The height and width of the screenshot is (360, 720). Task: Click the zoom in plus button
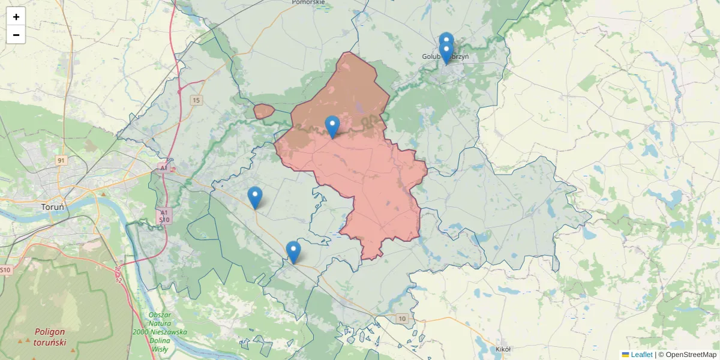coord(16,17)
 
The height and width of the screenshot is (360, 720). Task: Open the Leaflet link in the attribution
coord(641,355)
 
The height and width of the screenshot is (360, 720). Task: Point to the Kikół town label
coord(503,349)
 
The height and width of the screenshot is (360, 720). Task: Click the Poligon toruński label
coord(50,337)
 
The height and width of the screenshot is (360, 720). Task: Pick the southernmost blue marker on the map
coord(293,251)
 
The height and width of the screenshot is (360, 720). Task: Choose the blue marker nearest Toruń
coord(255,197)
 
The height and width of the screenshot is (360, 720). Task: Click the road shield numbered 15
coord(196,100)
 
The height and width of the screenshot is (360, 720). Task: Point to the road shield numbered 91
coord(61,160)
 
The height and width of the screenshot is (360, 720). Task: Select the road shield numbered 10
coord(401,318)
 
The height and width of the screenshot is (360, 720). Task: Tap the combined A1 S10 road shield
coord(164,216)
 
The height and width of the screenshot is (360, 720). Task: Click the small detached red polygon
coord(263,111)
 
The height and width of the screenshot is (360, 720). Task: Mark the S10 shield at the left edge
coord(5,270)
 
